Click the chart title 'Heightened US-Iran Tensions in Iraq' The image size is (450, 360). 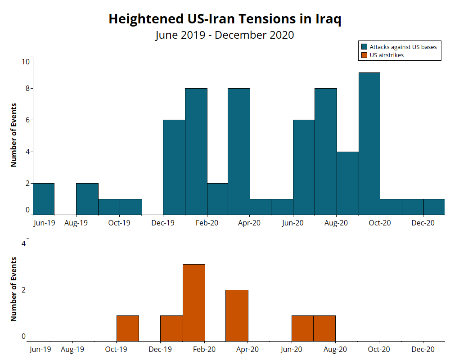[x=225, y=19]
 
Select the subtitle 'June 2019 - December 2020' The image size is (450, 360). [x=225, y=35]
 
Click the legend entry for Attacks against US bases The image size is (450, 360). [x=403, y=47]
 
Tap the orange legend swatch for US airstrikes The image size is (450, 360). [x=364, y=55]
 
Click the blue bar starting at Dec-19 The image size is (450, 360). [x=174, y=167]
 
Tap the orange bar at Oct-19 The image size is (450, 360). [x=128, y=328]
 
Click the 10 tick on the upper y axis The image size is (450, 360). [x=26, y=62]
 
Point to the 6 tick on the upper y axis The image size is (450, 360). [x=27, y=120]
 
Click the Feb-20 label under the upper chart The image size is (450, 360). [x=207, y=223]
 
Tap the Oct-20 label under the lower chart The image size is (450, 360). [x=379, y=349]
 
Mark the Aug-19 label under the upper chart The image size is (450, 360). [x=76, y=223]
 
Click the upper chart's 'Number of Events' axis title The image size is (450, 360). [x=13, y=135]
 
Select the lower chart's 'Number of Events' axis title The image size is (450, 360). [x=13, y=289]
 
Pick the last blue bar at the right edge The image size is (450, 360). [x=434, y=207]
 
